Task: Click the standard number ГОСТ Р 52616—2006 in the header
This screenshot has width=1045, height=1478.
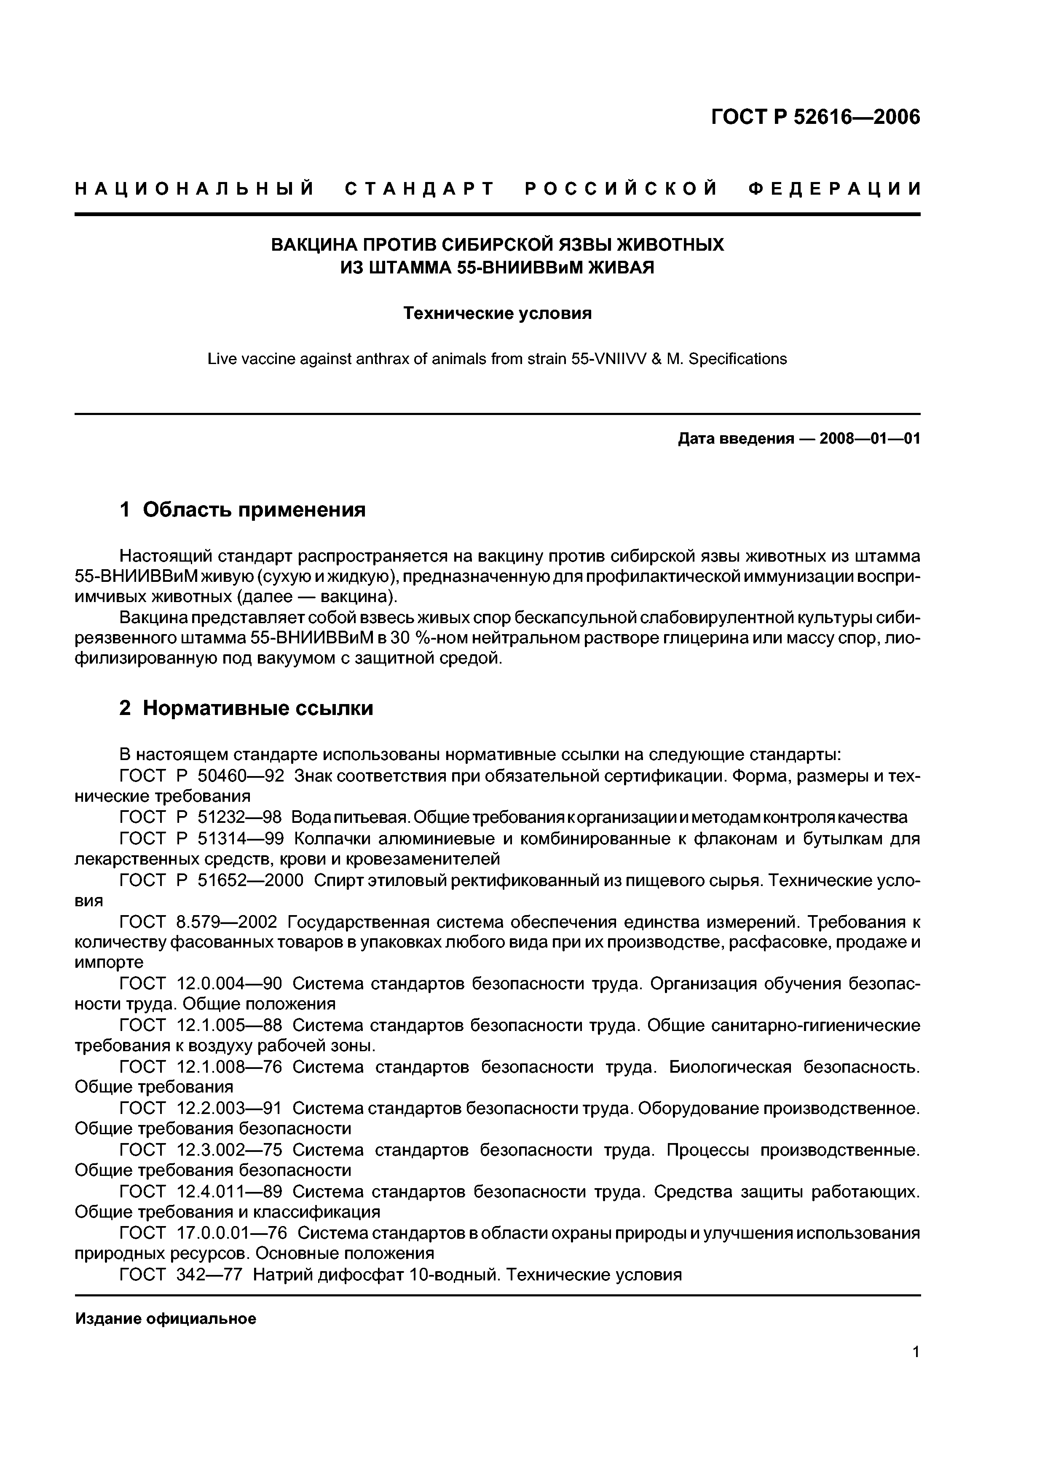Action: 815,117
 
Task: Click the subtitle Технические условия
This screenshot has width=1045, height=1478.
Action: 497,313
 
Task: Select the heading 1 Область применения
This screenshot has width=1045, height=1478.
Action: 243,509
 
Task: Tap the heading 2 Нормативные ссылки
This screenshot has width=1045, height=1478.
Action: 246,708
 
